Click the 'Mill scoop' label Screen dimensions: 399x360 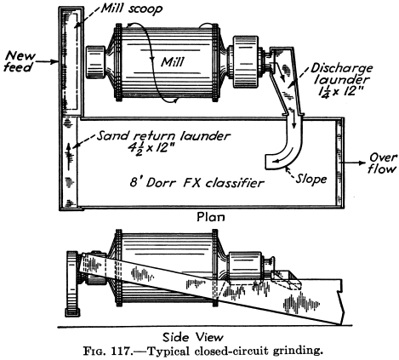132,9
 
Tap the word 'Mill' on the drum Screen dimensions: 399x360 173,61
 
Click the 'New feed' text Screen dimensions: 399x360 20,61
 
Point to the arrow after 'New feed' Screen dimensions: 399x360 47,61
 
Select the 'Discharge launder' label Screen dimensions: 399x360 342,73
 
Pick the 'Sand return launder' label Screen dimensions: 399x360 163,135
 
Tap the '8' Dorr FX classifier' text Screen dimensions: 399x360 197,182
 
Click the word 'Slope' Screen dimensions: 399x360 311,179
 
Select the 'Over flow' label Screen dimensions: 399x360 383,163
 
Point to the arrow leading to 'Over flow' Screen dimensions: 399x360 353,163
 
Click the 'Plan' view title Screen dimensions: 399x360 211,217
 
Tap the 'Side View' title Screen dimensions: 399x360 193,337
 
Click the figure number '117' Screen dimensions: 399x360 121,351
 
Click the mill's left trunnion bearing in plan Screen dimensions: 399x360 95,62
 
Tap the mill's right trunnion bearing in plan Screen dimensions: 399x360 246,62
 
